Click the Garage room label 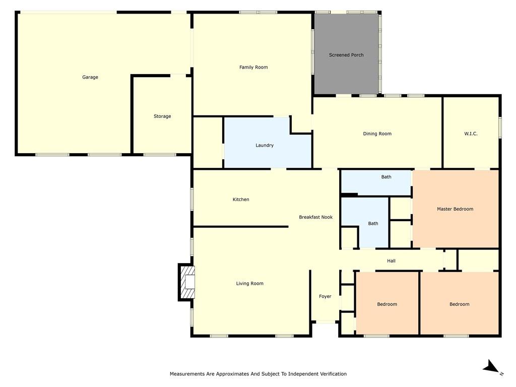(x=90, y=77)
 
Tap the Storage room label (x=162, y=116)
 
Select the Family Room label (x=253, y=67)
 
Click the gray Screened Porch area (x=346, y=55)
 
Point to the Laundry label (x=265, y=145)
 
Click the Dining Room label (x=377, y=134)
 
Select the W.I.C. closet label (x=471, y=134)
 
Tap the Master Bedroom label (x=455, y=209)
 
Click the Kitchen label (x=241, y=200)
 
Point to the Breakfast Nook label (x=316, y=217)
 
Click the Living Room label (x=250, y=283)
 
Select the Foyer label (x=325, y=296)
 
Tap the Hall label (x=391, y=261)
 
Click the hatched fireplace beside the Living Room (x=187, y=282)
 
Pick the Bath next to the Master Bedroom (x=386, y=177)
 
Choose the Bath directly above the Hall (x=373, y=223)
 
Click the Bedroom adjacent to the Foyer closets (x=387, y=304)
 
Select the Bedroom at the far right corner (x=459, y=304)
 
